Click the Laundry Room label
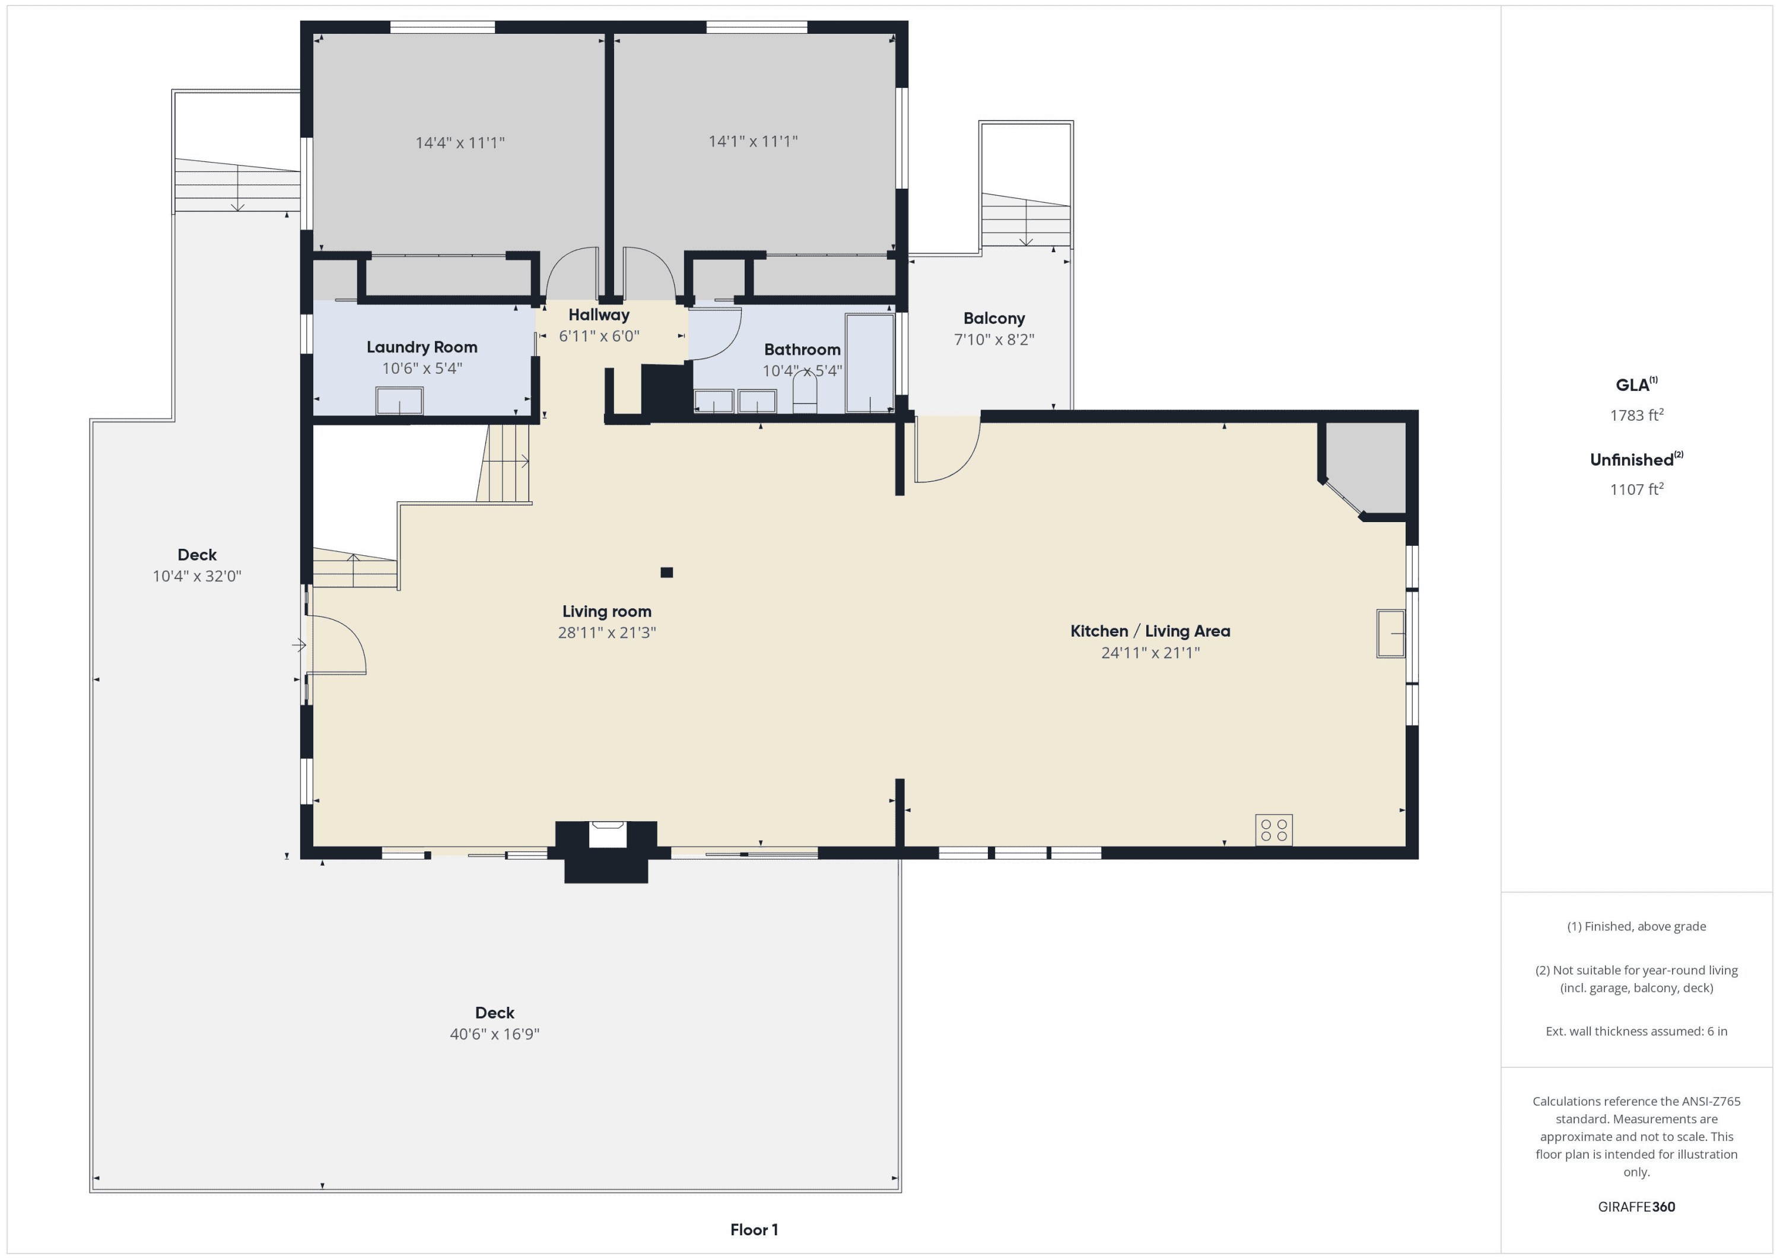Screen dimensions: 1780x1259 coord(422,347)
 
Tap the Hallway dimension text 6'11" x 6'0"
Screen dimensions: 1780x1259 coord(599,336)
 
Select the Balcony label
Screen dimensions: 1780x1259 coord(994,318)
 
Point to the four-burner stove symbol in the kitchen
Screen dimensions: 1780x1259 coord(1274,829)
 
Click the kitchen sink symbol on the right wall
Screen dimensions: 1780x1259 coord(1391,634)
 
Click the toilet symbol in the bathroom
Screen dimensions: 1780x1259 coord(805,391)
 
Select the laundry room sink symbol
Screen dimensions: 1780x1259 coord(400,401)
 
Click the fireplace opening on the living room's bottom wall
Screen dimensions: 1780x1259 coord(607,835)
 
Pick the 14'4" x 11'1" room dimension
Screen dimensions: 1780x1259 coord(460,142)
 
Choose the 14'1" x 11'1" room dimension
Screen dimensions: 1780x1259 coord(753,141)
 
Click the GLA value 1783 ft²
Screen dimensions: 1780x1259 coord(1636,415)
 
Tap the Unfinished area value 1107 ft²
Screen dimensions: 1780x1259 coord(1636,489)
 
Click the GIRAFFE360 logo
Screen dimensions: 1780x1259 coord(1636,1206)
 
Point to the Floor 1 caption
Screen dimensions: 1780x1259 coord(754,1229)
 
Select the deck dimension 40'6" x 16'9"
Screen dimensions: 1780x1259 coord(495,1034)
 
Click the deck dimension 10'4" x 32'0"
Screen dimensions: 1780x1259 coord(197,576)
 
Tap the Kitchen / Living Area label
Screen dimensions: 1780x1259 coord(1150,631)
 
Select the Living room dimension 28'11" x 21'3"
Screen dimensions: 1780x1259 coord(607,632)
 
